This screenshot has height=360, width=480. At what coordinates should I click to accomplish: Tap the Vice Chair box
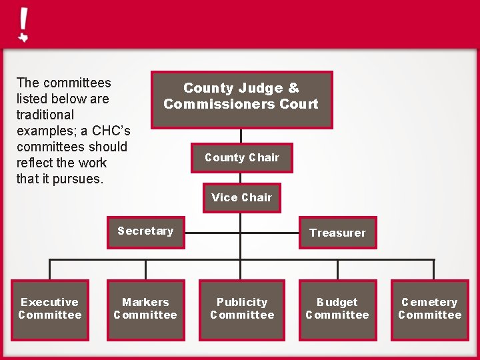coord(241,198)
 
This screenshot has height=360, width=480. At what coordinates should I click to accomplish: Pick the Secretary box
coord(145,231)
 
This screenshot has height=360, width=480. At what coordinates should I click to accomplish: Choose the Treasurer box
coord(337,233)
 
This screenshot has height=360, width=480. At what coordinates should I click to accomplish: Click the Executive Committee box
coord(50,309)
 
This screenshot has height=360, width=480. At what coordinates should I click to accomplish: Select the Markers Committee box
coord(145,309)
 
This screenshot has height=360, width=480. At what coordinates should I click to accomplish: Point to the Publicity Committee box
coord(242,309)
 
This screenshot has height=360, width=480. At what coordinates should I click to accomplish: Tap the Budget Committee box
coord(337,309)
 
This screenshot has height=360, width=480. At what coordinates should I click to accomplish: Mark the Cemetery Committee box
coord(430,309)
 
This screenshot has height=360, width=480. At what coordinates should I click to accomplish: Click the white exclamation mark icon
coord(23,25)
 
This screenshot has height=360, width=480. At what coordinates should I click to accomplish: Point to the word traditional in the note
coord(45,115)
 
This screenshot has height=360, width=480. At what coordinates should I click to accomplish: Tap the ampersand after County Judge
coord(293,88)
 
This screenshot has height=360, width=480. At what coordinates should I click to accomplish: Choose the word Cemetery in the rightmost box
coord(430,303)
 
